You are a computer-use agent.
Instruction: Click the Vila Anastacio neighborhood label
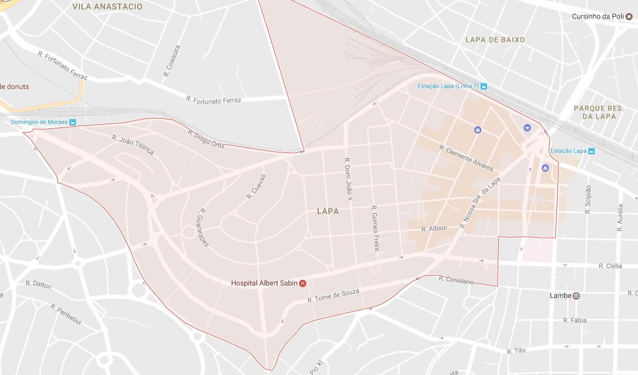point(107,7)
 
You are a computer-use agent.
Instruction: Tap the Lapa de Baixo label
point(495,40)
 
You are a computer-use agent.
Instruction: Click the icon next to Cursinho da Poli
point(629,16)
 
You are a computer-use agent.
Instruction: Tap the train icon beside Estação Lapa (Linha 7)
point(484,86)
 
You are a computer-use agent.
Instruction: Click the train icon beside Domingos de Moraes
point(72,122)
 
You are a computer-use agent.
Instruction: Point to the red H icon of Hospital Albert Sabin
point(303,283)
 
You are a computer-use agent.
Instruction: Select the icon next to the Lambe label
point(576,296)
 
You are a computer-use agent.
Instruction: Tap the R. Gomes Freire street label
point(375,228)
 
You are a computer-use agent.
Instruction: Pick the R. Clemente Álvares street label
point(466,158)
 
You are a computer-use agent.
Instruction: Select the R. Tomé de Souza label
point(333,296)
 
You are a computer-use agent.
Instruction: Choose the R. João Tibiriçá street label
point(133,145)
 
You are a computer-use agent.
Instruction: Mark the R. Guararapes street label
point(204,228)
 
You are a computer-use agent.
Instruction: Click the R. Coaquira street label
point(171,60)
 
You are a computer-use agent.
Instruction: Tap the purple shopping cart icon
point(526,127)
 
